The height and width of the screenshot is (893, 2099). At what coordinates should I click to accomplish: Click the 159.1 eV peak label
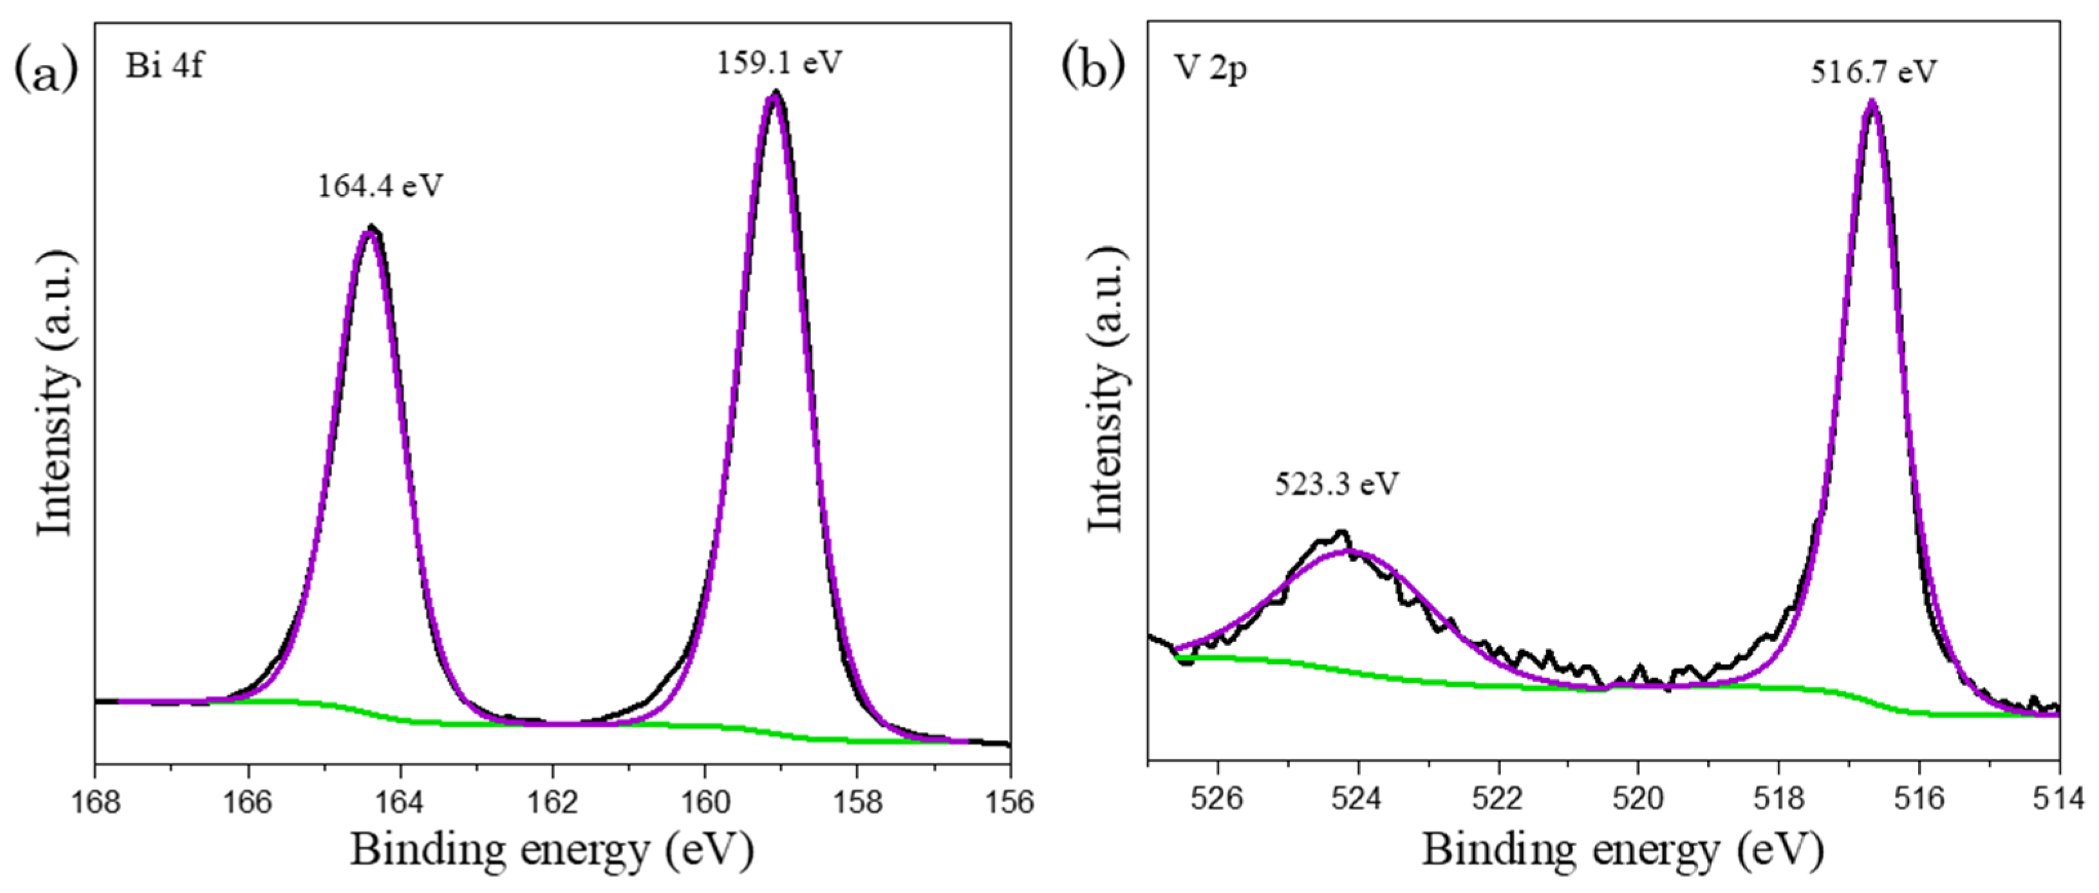click(x=778, y=62)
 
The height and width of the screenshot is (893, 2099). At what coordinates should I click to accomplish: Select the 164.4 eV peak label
click(x=380, y=187)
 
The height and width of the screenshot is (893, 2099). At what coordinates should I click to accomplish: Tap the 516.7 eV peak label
click(x=1872, y=73)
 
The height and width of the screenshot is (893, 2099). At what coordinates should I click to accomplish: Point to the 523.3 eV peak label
click(x=1336, y=485)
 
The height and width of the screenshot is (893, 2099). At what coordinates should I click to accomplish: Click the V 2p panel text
click(x=1211, y=70)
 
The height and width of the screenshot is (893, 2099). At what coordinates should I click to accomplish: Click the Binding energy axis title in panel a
click(x=552, y=851)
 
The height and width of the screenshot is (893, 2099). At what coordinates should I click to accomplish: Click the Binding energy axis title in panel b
click(x=1621, y=851)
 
